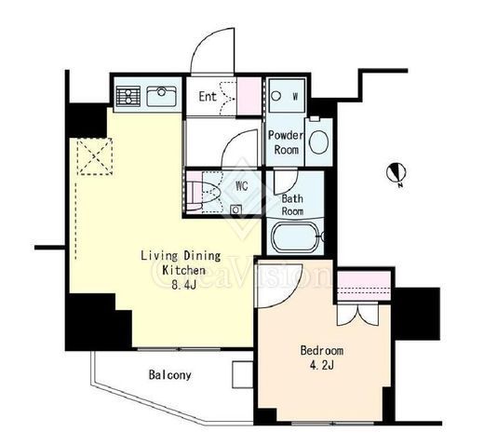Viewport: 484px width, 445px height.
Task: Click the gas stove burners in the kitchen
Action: (128, 96)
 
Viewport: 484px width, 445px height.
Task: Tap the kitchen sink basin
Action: (162, 96)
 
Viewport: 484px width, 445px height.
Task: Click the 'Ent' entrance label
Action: (208, 97)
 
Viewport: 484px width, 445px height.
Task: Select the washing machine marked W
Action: (287, 96)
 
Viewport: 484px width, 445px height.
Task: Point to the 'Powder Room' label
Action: (286, 142)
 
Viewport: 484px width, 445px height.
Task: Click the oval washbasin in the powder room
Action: (319, 142)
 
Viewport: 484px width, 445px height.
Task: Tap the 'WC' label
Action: (242, 186)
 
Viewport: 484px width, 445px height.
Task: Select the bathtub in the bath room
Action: (295, 237)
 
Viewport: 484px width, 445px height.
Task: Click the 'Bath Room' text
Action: (292, 205)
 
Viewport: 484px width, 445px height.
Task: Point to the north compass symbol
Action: (397, 173)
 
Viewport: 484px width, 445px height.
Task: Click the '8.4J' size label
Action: (184, 285)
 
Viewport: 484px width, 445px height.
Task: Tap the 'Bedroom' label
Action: (322, 350)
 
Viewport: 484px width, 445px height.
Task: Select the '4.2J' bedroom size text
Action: (322, 366)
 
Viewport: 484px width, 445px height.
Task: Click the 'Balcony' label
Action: (169, 375)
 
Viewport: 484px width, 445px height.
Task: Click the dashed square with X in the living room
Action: (95, 156)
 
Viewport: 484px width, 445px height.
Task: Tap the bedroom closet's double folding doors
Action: (357, 314)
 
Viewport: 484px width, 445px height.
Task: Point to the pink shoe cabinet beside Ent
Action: (249, 96)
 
